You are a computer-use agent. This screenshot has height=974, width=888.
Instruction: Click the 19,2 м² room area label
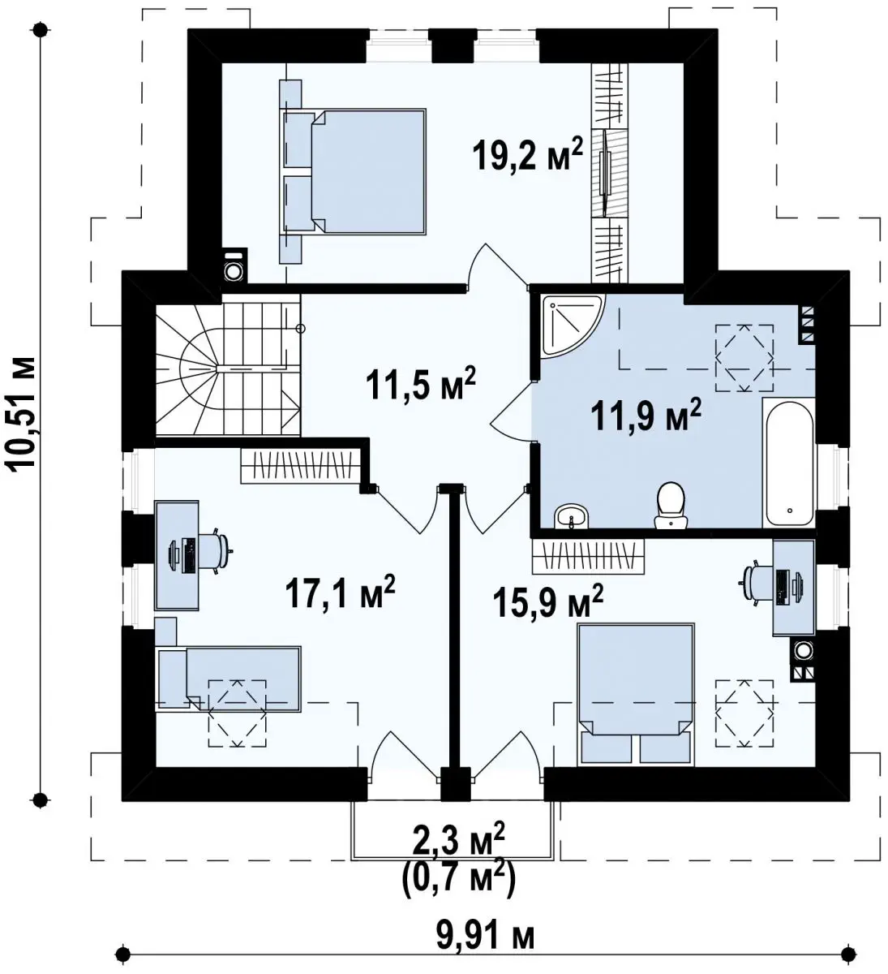(x=528, y=153)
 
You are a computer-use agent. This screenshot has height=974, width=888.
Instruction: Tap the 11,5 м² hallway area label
(x=421, y=384)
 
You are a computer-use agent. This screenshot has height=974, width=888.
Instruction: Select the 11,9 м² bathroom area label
(x=646, y=414)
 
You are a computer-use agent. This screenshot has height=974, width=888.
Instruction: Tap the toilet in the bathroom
(x=671, y=505)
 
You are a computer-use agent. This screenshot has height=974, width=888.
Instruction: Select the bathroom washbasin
(x=571, y=515)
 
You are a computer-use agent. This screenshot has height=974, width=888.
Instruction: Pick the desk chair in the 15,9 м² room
(x=757, y=583)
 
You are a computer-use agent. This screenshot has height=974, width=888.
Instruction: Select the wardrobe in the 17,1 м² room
(x=301, y=465)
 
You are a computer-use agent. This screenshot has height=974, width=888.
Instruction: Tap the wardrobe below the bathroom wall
(x=588, y=556)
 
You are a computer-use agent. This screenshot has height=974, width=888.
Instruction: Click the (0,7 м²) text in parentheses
(x=457, y=877)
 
